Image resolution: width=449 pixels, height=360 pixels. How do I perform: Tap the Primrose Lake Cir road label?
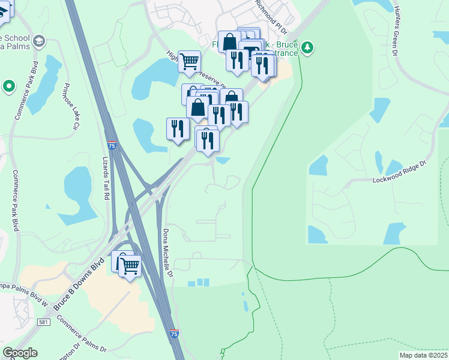click(71, 107)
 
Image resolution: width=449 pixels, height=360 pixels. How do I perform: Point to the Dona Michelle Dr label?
click(169, 253)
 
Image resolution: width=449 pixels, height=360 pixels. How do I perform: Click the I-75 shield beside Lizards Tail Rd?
click(112, 145)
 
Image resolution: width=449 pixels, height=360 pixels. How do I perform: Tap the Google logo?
click(20, 353)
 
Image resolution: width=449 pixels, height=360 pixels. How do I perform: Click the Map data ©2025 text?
click(423, 355)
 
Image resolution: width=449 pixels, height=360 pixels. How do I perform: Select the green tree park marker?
click(307, 47)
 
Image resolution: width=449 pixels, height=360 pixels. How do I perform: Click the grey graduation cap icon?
click(39, 41)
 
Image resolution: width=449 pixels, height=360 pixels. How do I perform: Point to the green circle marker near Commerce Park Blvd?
click(8, 86)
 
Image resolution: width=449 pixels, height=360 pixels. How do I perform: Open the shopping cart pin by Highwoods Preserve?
click(189, 61)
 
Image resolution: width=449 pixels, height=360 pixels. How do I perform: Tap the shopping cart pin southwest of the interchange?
click(130, 265)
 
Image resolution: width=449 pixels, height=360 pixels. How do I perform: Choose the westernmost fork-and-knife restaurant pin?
click(177, 130)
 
